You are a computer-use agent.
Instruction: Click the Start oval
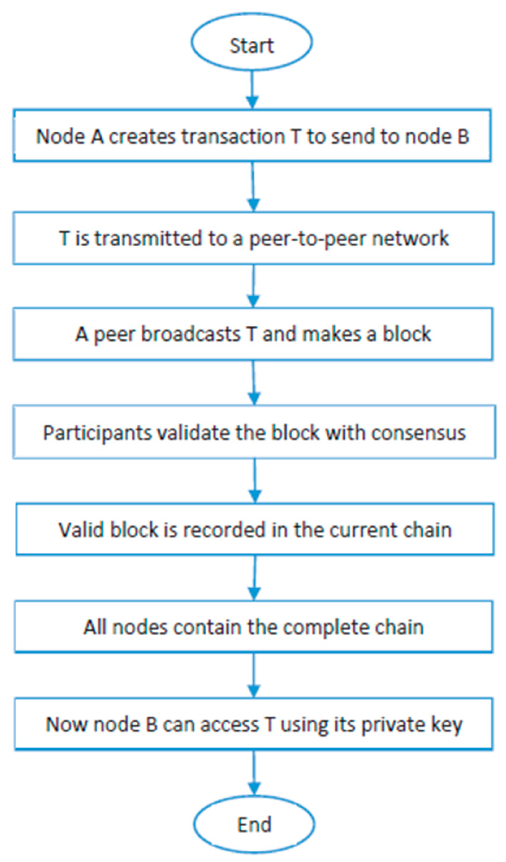click(252, 42)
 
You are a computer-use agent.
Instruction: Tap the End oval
click(254, 824)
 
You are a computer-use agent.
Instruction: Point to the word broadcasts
click(190, 334)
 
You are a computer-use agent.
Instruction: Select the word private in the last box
click(393, 725)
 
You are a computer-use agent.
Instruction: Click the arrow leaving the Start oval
click(252, 89)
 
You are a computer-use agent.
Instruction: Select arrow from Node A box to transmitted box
click(253, 186)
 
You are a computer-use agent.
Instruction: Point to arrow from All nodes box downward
click(254, 676)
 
